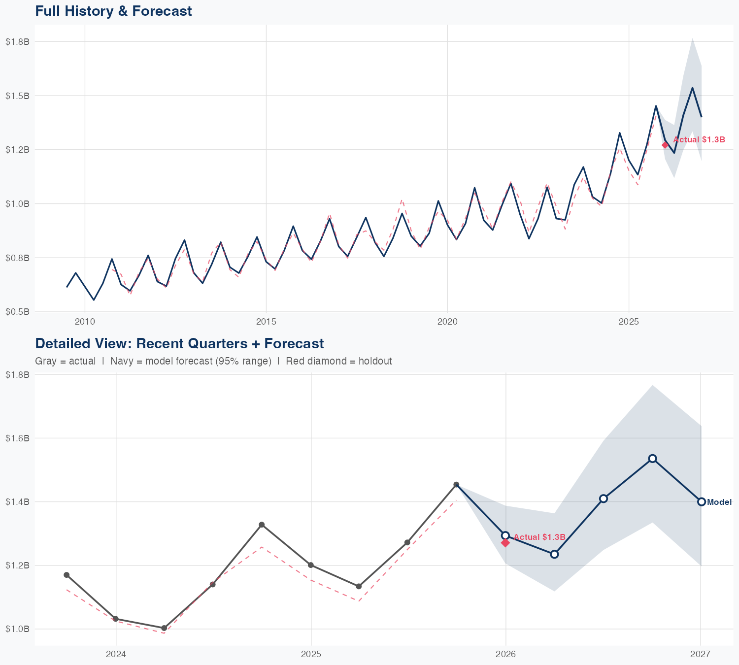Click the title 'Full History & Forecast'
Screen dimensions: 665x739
pyautogui.click(x=113, y=11)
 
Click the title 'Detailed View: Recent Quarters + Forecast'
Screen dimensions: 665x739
pyautogui.click(x=179, y=343)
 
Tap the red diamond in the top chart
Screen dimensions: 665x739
pyautogui.click(x=665, y=145)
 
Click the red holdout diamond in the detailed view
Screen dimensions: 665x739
pyautogui.click(x=505, y=542)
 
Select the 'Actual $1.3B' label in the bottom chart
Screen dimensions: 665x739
pyautogui.click(x=539, y=537)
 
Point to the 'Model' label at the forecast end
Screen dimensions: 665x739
pyautogui.click(x=719, y=502)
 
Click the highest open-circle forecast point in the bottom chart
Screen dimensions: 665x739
pyautogui.click(x=652, y=459)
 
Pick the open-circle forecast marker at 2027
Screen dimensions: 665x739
pyautogui.click(x=701, y=502)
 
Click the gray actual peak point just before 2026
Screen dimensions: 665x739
pyautogui.click(x=456, y=485)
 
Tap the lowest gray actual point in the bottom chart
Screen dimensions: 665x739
pyautogui.click(x=164, y=628)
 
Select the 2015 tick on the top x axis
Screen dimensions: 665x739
pyautogui.click(x=266, y=322)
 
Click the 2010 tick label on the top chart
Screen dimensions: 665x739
pyautogui.click(x=85, y=322)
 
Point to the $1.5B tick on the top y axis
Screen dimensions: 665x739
pyautogui.click(x=18, y=96)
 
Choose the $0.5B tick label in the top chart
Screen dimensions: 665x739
pyautogui.click(x=18, y=312)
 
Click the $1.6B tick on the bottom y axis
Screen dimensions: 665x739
pyautogui.click(x=18, y=438)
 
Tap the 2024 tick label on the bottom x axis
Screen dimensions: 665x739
pyautogui.click(x=116, y=654)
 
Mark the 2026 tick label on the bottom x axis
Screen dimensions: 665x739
pyautogui.click(x=505, y=654)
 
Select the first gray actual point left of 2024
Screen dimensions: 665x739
pyautogui.click(x=67, y=575)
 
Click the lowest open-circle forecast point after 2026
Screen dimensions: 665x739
pyautogui.click(x=554, y=554)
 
